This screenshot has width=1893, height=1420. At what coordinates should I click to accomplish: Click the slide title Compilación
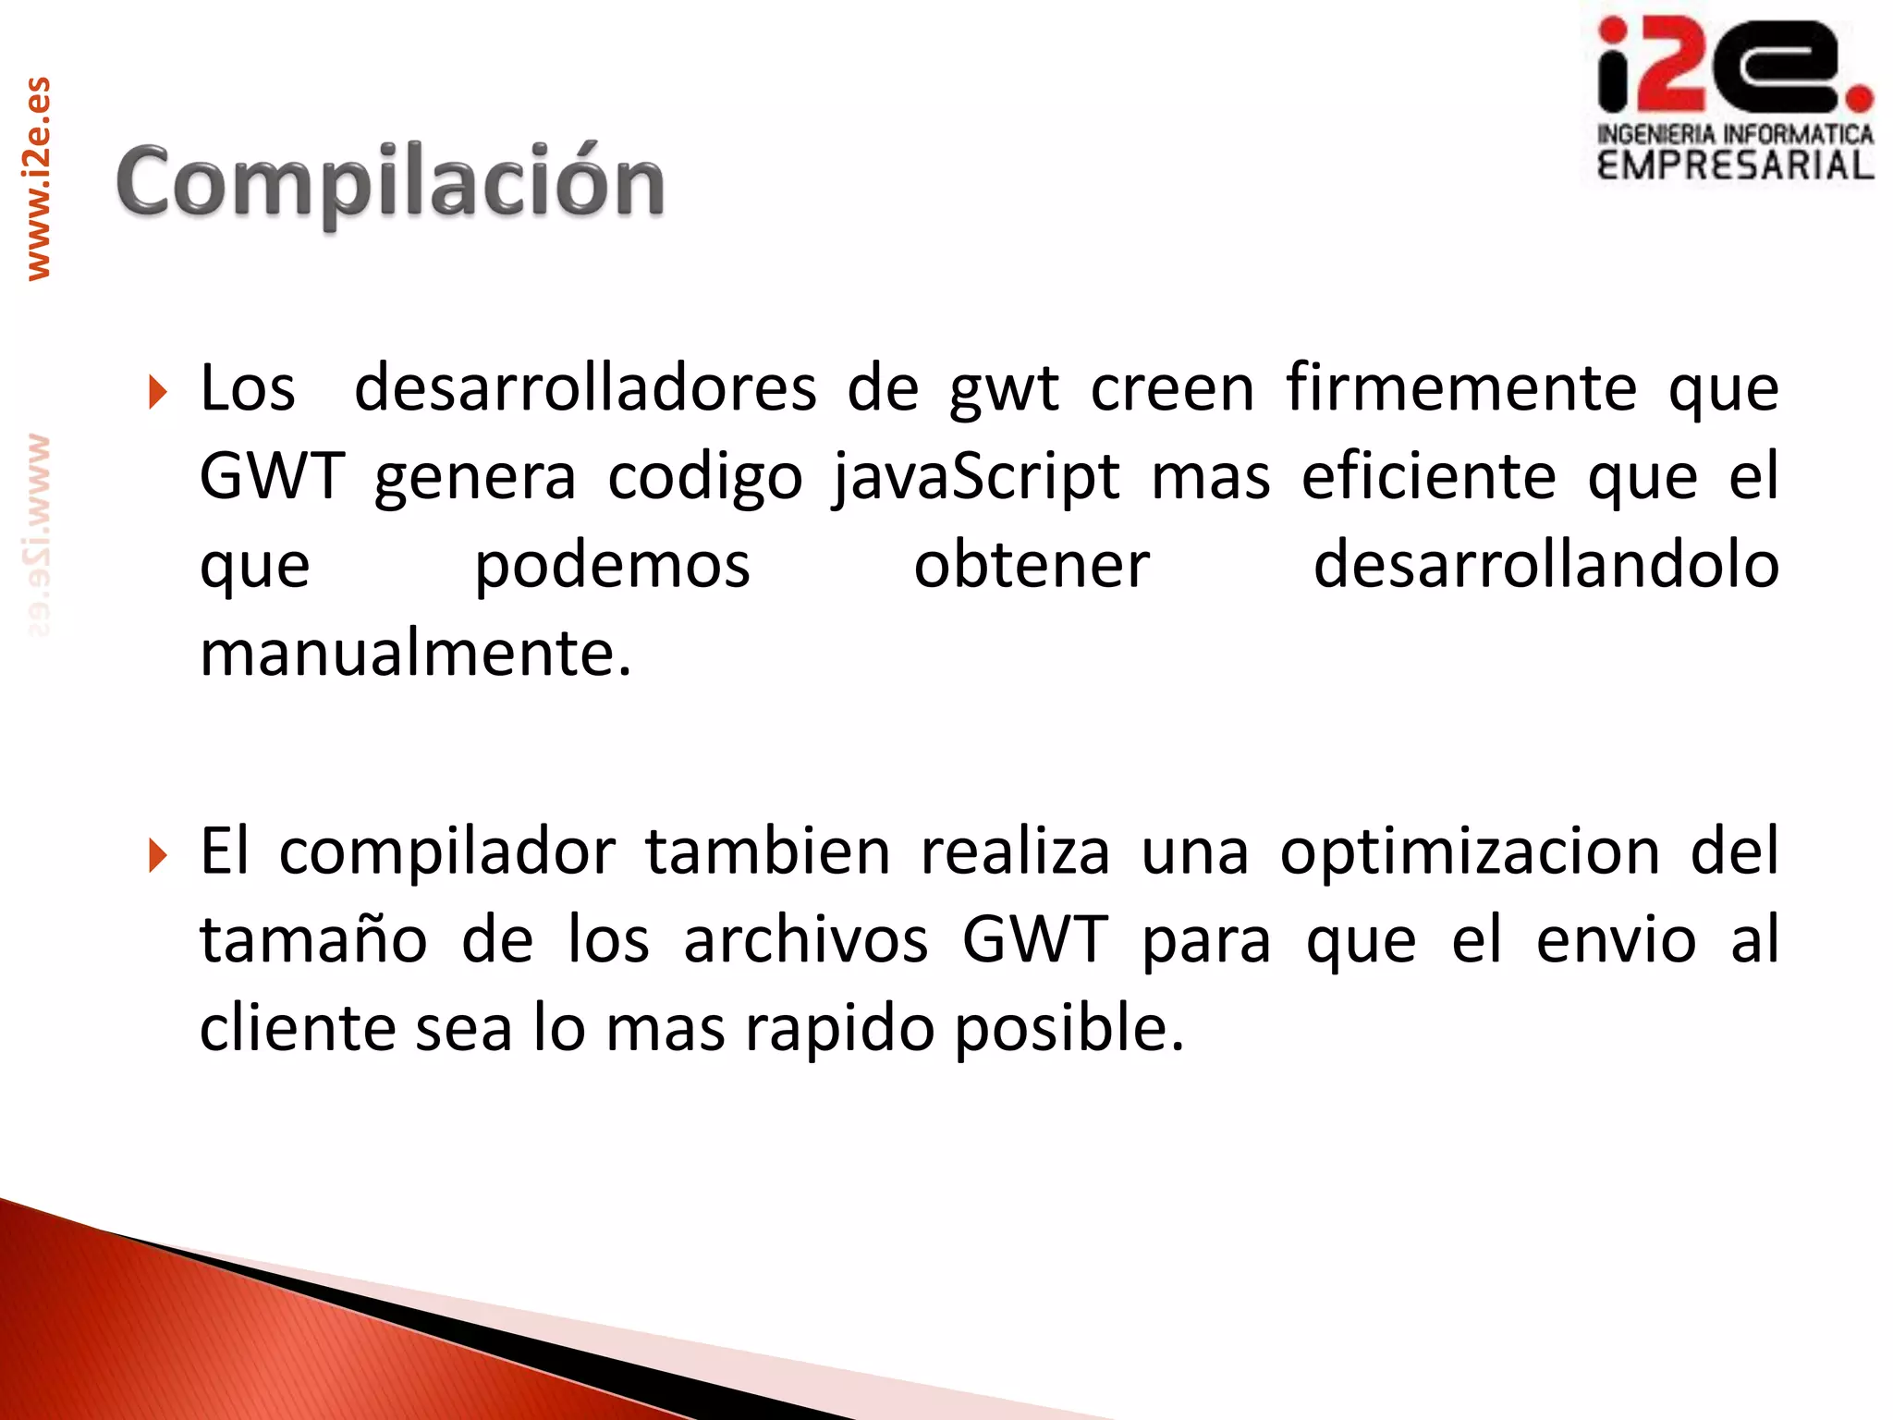(x=390, y=181)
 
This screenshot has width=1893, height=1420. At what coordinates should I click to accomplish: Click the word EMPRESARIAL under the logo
(x=1735, y=166)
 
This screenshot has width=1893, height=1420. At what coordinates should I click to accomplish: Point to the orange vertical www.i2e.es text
(x=38, y=178)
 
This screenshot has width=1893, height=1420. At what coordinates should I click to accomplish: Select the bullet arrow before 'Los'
(x=158, y=392)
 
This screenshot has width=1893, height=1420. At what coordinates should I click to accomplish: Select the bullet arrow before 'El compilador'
(x=158, y=855)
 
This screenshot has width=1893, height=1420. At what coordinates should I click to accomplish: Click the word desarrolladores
(x=585, y=388)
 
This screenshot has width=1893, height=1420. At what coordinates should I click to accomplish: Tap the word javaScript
(x=976, y=478)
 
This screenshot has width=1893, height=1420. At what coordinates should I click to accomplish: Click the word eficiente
(x=1428, y=477)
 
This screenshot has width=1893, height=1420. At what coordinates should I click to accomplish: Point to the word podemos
(x=612, y=566)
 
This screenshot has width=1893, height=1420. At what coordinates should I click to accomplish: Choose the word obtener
(x=1032, y=566)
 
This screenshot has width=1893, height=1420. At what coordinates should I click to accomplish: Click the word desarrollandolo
(x=1545, y=566)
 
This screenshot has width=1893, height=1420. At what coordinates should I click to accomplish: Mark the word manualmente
(x=415, y=654)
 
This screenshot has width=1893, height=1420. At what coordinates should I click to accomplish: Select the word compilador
(x=447, y=852)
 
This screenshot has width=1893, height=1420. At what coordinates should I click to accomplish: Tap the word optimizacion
(x=1470, y=852)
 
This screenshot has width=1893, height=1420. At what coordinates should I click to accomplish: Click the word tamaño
(x=313, y=940)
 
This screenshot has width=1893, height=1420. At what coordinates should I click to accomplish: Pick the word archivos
(x=805, y=940)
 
